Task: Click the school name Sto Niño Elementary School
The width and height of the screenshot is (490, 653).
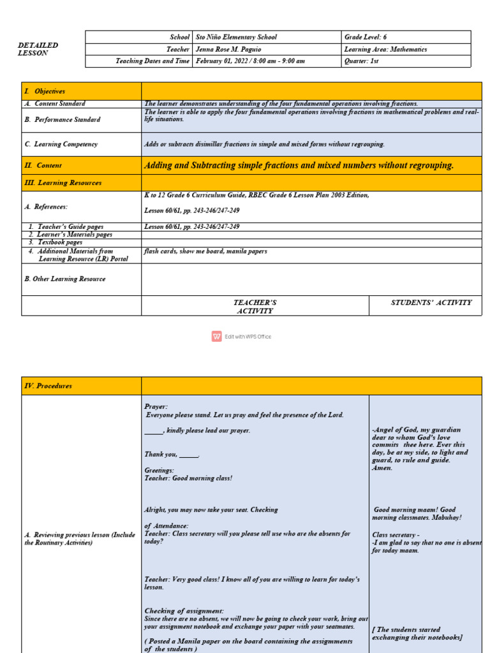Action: click(236, 37)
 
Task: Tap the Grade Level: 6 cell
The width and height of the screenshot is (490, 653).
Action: click(366, 37)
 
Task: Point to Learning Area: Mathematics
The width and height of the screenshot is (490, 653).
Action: click(385, 49)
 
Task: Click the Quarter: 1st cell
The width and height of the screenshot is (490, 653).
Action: click(361, 61)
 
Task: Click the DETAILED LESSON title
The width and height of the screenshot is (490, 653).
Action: click(38, 49)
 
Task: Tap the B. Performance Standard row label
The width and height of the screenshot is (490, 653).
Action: click(62, 119)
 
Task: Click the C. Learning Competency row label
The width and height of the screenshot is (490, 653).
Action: click(61, 144)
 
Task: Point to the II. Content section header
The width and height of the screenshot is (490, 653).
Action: click(43, 165)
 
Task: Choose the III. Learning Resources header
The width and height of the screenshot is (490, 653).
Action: click(63, 183)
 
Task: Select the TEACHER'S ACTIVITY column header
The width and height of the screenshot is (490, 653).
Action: click(255, 307)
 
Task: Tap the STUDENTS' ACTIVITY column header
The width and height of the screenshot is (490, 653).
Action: click(431, 302)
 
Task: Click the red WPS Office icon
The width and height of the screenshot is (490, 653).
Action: click(217, 337)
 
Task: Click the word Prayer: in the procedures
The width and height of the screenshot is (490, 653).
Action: click(156, 406)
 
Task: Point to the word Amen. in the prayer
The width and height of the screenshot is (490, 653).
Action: click(382, 468)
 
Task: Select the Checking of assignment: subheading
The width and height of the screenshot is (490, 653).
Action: click(184, 611)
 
